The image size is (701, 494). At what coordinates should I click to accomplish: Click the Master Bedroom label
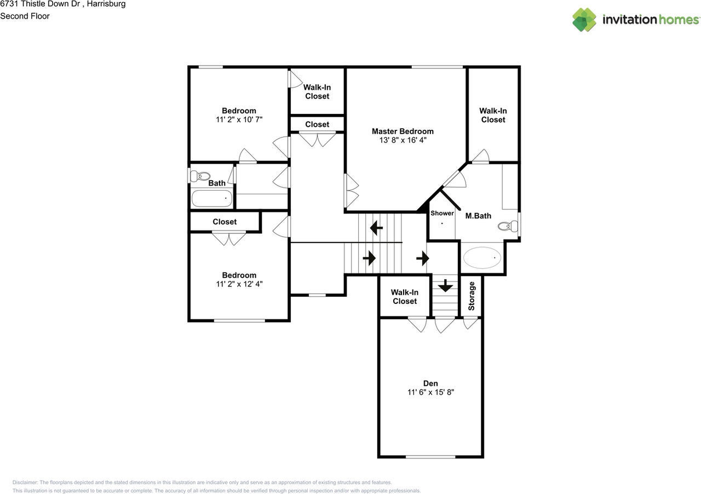[x=403, y=131]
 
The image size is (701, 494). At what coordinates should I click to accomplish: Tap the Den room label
[x=430, y=383]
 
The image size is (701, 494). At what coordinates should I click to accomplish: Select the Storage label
[x=472, y=296]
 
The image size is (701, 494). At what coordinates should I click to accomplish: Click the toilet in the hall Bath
[x=200, y=176]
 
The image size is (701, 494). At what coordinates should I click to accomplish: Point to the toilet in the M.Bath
[x=508, y=226]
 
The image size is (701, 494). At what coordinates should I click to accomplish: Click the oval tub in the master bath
[x=482, y=257]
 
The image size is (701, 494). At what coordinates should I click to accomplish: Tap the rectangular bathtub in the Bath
[x=212, y=198]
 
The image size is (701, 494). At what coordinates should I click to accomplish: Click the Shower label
[x=442, y=213]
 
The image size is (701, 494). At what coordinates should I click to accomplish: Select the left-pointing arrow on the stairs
[x=376, y=228]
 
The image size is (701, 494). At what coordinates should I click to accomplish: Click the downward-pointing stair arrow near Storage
[x=445, y=285]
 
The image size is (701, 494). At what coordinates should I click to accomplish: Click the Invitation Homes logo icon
[x=584, y=20]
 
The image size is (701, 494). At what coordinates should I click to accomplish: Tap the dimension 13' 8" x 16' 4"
[x=403, y=140]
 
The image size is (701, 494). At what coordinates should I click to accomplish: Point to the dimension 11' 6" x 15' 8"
[x=430, y=392]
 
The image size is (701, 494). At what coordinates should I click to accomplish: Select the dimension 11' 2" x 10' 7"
[x=239, y=119]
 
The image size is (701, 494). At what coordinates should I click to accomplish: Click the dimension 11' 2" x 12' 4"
[x=239, y=284]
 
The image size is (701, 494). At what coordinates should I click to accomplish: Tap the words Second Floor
[x=25, y=16]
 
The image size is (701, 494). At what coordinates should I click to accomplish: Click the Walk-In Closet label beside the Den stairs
[x=405, y=296]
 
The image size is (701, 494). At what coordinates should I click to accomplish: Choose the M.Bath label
[x=478, y=216]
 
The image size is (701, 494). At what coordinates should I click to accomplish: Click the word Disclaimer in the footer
[x=25, y=482]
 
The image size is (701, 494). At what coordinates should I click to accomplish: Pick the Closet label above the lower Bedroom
[x=225, y=222]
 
